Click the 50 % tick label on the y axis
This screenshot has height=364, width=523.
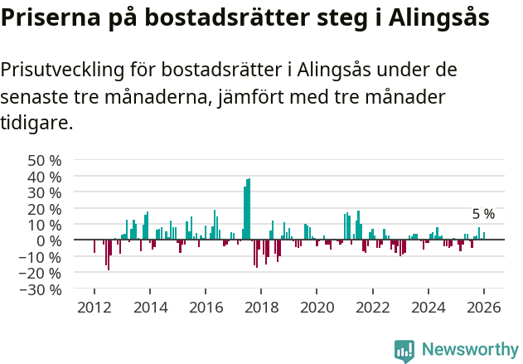45,160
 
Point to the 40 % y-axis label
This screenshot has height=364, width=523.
45,177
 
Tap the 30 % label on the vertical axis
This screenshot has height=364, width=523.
45,192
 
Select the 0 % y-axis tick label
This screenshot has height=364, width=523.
49,240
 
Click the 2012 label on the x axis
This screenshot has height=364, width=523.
94,307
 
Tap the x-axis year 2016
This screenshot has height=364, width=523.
206,307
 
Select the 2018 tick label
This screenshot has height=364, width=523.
261,307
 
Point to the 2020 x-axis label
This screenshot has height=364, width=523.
317,307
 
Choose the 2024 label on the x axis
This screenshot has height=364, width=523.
428,307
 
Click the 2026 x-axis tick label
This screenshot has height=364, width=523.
483,307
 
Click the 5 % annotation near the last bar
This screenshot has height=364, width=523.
483,214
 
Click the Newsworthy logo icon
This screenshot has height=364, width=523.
404,350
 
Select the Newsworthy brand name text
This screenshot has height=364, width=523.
469,350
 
